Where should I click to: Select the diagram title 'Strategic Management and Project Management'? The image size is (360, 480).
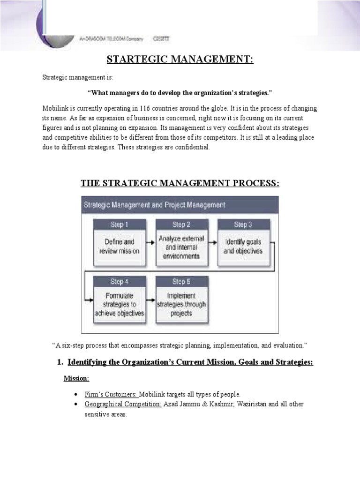coord(154,205)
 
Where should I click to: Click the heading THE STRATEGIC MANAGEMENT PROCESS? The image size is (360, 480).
coord(180,183)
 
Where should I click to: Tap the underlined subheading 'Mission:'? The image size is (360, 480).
coord(76,379)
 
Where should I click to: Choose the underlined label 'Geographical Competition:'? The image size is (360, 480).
coord(123,404)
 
